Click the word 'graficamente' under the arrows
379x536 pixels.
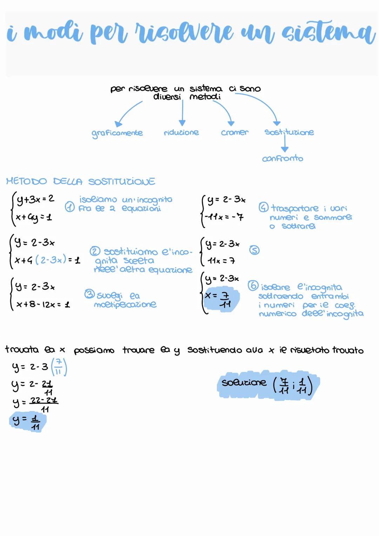pos(117,133)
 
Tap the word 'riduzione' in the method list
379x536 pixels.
pos(181,132)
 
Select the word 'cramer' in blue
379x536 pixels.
pos(234,132)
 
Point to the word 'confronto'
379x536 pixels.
pos(282,158)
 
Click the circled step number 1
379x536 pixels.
pos(70,208)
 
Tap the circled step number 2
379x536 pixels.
pos(95,251)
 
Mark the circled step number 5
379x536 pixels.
pos(254,250)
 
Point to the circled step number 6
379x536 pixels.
pos(253,286)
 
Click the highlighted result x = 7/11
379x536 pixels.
pos(221,300)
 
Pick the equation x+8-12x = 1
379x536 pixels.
pos(43,304)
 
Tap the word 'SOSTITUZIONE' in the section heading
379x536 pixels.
pos(121,182)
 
